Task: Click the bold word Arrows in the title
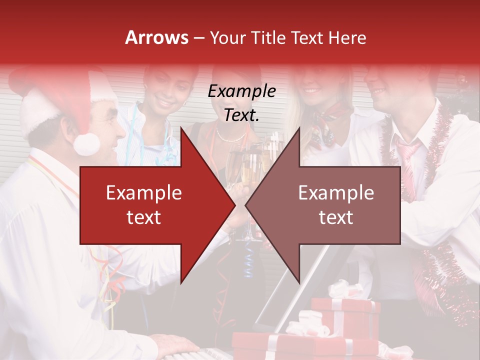(157, 37)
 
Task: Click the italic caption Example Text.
(242, 103)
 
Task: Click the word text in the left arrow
(144, 217)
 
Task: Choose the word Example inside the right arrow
(336, 193)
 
